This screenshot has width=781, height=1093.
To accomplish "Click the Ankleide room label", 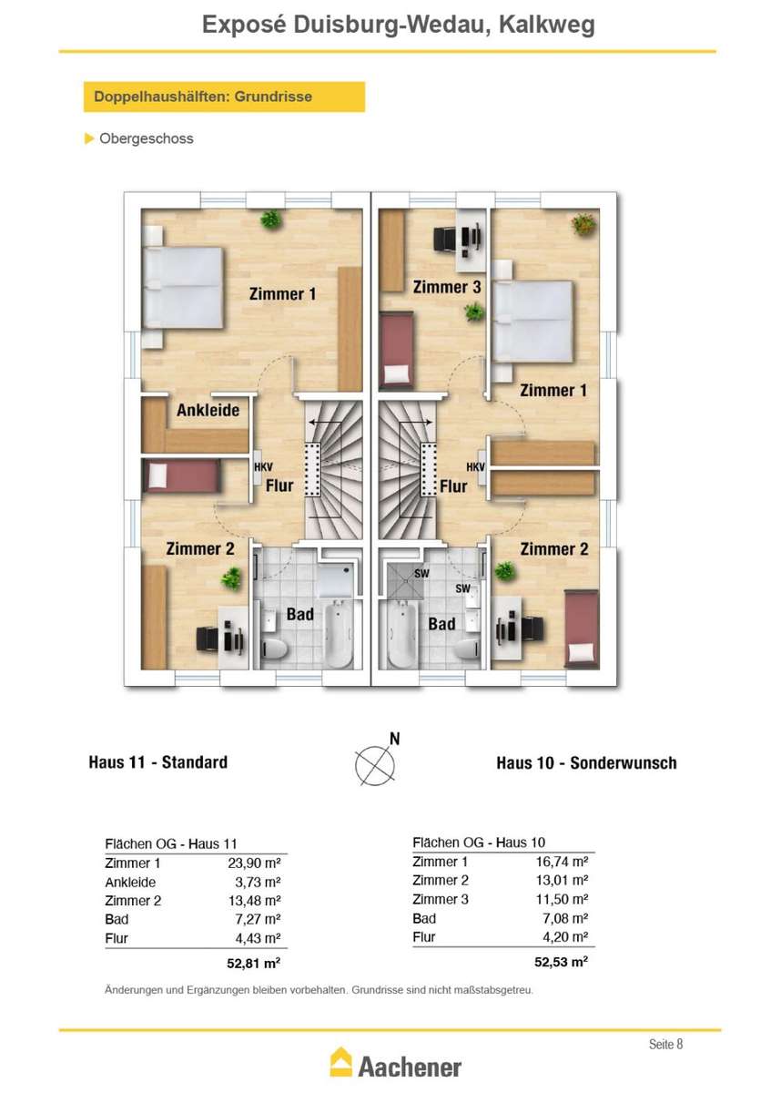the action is click(208, 410).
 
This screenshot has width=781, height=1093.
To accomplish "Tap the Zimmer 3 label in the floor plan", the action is click(447, 287).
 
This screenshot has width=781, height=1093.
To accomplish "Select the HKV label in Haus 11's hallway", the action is click(263, 467).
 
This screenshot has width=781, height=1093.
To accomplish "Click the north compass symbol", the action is click(374, 764).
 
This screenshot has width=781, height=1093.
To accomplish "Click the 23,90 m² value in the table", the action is click(254, 863).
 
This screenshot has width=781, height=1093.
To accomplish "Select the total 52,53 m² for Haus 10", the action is click(561, 962).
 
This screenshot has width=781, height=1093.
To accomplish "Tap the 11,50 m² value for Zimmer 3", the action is click(563, 899).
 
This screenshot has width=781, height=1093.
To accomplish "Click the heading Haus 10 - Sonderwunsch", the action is click(586, 762).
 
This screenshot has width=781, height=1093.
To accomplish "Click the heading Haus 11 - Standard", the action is click(158, 762).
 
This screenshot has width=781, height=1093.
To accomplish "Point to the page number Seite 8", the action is click(665, 1044).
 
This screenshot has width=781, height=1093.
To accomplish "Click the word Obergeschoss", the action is click(147, 138).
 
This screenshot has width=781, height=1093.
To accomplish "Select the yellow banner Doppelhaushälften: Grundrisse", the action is click(224, 97).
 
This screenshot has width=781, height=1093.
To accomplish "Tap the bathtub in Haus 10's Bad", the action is click(402, 634).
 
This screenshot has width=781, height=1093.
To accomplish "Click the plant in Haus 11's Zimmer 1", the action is click(271, 220).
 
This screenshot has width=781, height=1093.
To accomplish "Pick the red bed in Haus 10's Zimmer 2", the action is click(582, 628).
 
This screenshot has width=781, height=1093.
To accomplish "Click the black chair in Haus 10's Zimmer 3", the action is click(445, 240).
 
